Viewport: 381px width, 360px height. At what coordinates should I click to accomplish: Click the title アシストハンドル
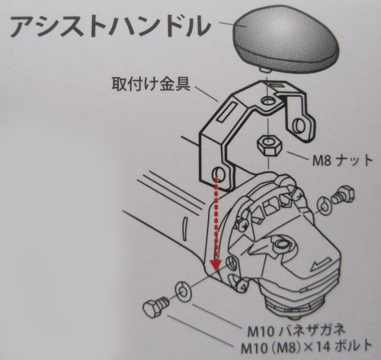[110, 27]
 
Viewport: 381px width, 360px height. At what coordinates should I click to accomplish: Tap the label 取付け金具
[151, 84]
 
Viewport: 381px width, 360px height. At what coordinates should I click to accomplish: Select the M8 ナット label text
[342, 160]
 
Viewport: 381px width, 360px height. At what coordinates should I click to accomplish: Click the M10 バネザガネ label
[296, 330]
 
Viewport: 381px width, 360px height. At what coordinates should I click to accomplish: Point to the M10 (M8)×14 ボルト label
[306, 346]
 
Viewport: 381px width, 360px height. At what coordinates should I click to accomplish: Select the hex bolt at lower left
[155, 307]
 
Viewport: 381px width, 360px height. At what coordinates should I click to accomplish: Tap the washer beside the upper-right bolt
[324, 205]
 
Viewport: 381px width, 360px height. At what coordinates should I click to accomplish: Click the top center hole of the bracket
[267, 101]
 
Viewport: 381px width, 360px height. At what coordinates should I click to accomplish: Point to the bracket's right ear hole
[299, 126]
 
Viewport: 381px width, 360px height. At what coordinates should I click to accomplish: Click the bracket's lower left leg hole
[218, 175]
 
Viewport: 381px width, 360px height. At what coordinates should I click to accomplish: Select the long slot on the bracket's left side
[227, 111]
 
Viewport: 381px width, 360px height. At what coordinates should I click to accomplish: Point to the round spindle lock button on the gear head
[281, 244]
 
